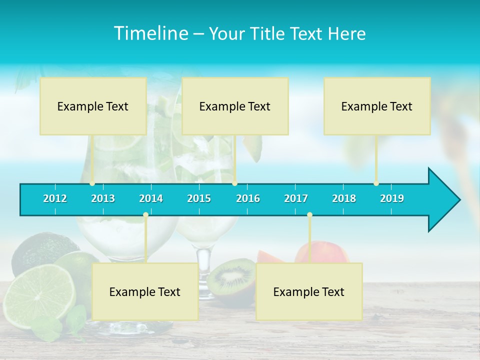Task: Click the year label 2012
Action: [x=55, y=198]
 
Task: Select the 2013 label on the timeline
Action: [x=103, y=198]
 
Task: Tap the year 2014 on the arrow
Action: [x=151, y=198]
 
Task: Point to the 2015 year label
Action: [x=199, y=198]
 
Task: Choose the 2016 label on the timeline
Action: [x=248, y=198]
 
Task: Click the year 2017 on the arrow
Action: [x=296, y=198]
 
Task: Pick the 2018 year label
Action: [x=344, y=198]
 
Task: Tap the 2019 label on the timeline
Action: [x=392, y=198]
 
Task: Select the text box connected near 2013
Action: [x=93, y=106]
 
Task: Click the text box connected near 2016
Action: [x=235, y=106]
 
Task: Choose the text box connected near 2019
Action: [x=377, y=106]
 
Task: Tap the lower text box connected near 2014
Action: [x=145, y=291]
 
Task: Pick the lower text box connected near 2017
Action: [x=309, y=291]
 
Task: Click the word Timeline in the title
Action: [x=150, y=33]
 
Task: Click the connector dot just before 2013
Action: [x=92, y=183]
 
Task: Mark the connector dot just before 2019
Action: [x=376, y=183]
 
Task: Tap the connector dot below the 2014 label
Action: [x=145, y=215]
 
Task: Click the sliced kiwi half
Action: [x=231, y=276]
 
